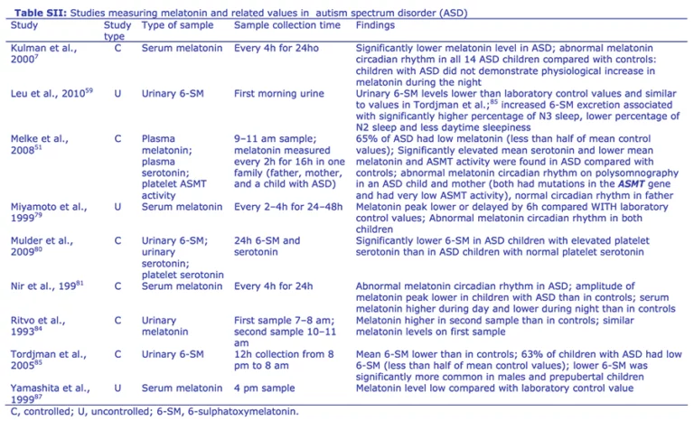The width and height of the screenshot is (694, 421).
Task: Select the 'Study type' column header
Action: tap(114, 30)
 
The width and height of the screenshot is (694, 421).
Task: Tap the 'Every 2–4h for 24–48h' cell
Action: tap(289, 207)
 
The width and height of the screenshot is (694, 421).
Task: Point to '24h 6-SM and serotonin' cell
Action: tap(267, 247)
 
